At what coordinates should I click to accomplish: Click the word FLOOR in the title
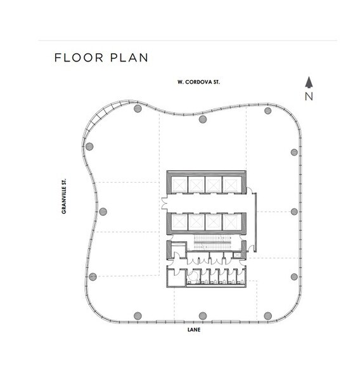coord(79,58)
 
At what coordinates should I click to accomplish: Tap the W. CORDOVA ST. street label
coord(198,82)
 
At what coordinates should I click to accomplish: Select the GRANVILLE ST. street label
coord(63,196)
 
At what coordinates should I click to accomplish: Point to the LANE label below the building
coord(194,330)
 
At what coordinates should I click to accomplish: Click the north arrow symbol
coord(309,82)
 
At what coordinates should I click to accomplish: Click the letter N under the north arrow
coord(309,96)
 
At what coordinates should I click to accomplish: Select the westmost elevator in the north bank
coord(179,185)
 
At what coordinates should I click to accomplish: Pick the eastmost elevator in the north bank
coord(231,185)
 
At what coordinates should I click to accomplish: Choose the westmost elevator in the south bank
coord(179,222)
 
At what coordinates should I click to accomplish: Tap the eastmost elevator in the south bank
coord(231,222)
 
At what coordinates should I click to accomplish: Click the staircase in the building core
coord(213,242)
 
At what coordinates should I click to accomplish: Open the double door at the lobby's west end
coord(164,203)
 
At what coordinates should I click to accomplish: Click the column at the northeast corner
coord(268,111)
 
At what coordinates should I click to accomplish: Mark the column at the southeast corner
coord(268,316)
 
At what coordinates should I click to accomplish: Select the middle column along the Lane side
coord(203,316)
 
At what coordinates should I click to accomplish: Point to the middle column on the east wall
coord(294,212)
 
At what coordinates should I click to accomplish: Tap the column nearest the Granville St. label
coord(103,211)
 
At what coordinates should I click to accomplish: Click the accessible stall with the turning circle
coord(193,277)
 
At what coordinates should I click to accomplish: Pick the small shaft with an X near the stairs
coord(237,255)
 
